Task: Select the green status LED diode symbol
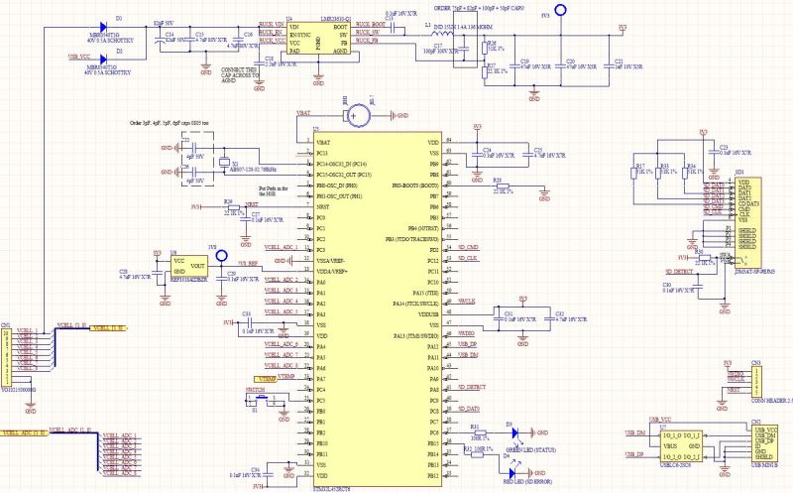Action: (x=512, y=432)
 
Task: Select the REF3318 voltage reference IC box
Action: (x=187, y=268)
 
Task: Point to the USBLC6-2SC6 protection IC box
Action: (x=681, y=443)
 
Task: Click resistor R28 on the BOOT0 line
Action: (x=502, y=185)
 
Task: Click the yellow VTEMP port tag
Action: (x=265, y=379)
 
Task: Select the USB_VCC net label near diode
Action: (x=81, y=58)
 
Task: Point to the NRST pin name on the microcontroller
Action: (x=321, y=206)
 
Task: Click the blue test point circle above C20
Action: (x=559, y=11)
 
